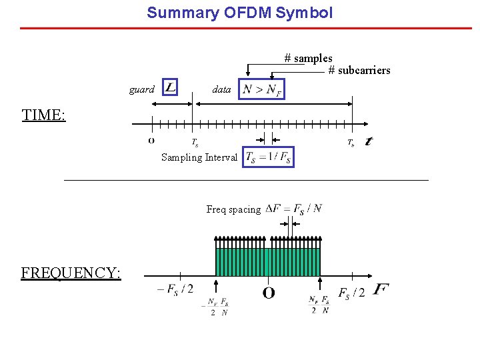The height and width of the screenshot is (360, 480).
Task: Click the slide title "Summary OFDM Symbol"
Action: point(239,13)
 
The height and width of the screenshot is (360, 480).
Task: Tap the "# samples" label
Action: point(308,59)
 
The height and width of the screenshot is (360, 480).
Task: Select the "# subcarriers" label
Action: point(359,71)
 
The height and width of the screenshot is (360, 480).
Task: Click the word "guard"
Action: point(141,89)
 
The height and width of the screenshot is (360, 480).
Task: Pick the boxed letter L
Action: point(170,87)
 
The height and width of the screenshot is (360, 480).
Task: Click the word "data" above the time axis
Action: point(221,89)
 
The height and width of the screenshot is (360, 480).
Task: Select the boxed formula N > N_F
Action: point(263,89)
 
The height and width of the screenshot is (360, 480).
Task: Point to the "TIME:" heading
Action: point(43,115)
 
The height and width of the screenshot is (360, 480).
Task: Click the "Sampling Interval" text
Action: point(199,157)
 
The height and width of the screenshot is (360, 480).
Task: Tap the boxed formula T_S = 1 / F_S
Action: point(268,157)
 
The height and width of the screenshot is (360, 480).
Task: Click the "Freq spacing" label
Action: point(233,209)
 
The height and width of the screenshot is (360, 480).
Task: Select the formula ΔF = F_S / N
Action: point(293,209)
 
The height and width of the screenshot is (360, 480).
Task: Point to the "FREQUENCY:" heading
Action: point(71,273)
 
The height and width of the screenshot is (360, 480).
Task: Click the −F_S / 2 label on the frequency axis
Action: point(175,289)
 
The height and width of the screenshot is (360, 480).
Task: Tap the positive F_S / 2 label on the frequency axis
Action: point(352,293)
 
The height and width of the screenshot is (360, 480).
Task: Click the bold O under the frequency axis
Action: point(269,293)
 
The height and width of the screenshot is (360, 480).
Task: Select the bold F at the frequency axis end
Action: point(381,289)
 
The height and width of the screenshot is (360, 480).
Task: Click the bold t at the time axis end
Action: point(369,141)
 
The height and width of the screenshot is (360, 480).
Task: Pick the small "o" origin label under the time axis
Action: point(151,141)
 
